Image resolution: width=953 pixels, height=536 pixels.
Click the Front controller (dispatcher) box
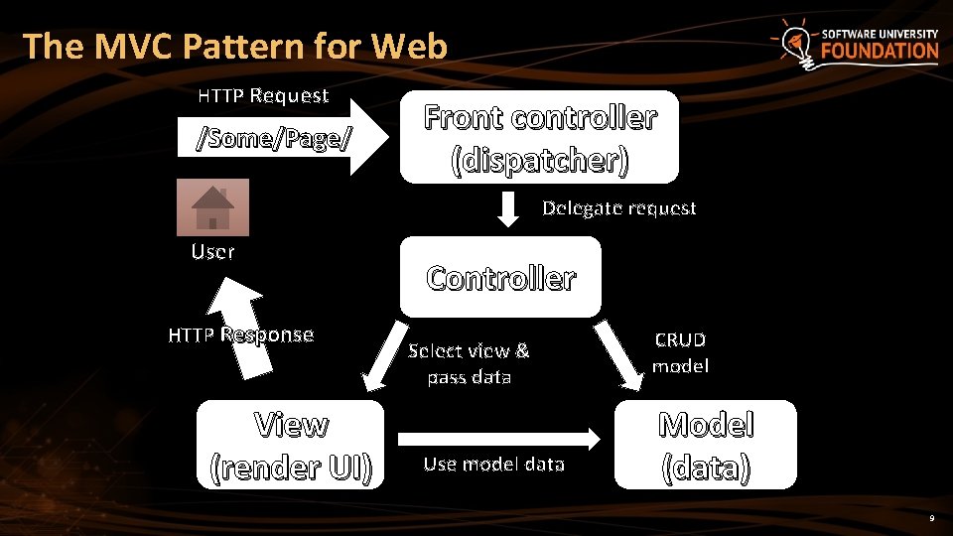pos(539,137)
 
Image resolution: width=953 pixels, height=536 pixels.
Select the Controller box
pos(500,277)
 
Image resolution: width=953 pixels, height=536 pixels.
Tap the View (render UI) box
pos(291,445)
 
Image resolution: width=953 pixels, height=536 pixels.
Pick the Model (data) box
pos(706,445)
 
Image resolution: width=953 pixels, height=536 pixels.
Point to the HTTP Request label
pos(263,96)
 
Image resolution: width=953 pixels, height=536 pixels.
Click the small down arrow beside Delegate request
pos(507,207)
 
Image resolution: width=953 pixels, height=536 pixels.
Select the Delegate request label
pos(618,208)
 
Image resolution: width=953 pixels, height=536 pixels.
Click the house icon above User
pos(212,206)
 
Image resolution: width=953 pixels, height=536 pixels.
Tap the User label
pos(212,252)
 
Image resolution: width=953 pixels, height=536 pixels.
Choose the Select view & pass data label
pos(469,363)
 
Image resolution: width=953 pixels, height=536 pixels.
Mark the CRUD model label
pos(680,352)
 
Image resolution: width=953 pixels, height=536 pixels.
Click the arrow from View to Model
pos(500,438)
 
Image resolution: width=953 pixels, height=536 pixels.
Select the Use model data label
pos(493,464)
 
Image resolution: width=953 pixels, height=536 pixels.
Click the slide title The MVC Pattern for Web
pos(235,46)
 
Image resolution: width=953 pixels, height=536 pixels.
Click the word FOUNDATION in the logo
pos(879,52)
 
